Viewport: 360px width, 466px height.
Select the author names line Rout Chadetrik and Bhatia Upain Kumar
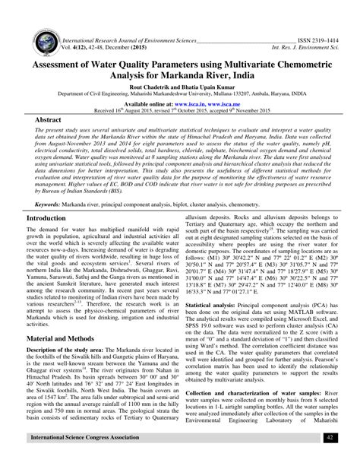179,87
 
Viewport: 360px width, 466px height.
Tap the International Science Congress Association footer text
84,459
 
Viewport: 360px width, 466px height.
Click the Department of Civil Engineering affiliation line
180,95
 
